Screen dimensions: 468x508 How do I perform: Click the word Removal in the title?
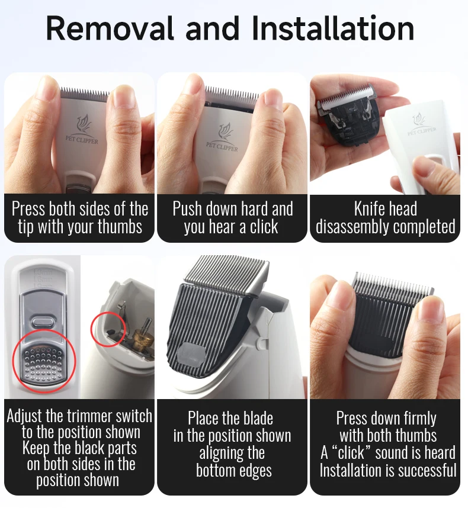point(110,28)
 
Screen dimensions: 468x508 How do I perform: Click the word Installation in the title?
point(332,28)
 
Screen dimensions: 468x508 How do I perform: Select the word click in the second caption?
point(264,226)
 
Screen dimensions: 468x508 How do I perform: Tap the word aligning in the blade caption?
point(232,453)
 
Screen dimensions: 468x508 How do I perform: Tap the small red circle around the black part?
point(108,329)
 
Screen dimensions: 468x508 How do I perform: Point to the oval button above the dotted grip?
point(43,322)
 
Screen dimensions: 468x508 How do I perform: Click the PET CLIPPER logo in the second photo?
point(222,139)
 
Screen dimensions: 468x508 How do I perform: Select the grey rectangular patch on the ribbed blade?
point(192,354)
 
